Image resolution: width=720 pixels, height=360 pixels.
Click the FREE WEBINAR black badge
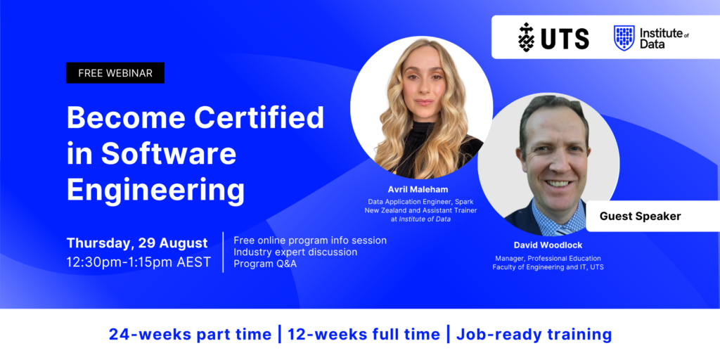point(115,73)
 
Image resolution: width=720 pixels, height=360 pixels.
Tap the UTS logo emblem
point(527,37)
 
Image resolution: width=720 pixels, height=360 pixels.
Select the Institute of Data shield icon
point(624,37)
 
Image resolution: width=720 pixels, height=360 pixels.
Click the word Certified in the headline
point(259,117)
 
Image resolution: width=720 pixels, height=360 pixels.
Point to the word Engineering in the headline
point(155,188)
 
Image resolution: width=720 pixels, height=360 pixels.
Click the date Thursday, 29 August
point(137,243)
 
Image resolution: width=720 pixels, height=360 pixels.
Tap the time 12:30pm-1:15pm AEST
point(139,263)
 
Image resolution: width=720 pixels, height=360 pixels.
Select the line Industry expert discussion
point(295,252)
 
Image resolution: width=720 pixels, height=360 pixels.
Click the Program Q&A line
point(265,264)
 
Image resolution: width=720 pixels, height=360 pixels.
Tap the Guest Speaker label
point(640,216)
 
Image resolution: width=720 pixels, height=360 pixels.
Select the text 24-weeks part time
point(190,335)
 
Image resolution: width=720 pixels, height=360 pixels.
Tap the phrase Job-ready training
point(534,335)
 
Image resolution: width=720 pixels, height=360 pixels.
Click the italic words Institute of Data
point(424,219)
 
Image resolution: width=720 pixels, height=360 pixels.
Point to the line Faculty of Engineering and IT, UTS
point(548,267)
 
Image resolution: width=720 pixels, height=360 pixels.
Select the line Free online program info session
point(310,240)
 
